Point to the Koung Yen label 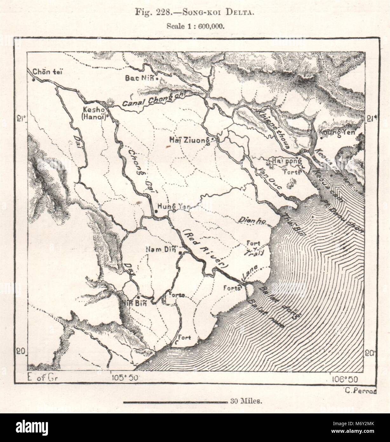(336, 132)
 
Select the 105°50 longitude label (124, 378)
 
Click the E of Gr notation (42, 378)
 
